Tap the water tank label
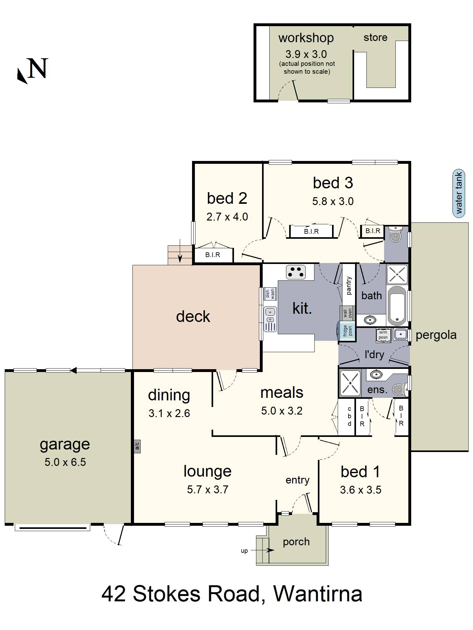(459, 193)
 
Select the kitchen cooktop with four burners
(296, 272)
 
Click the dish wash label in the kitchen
(270, 294)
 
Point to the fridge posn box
(347, 331)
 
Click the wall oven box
(347, 313)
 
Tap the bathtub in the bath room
(397, 306)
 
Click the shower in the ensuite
(350, 383)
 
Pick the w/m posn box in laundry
(383, 335)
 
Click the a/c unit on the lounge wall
(137, 446)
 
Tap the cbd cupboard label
(349, 416)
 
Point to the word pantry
(349, 285)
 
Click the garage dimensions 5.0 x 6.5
(65, 462)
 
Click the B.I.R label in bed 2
(213, 255)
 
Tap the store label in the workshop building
(375, 37)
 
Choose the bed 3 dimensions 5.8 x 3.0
(333, 201)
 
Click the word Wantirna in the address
(318, 594)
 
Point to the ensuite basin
(376, 374)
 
